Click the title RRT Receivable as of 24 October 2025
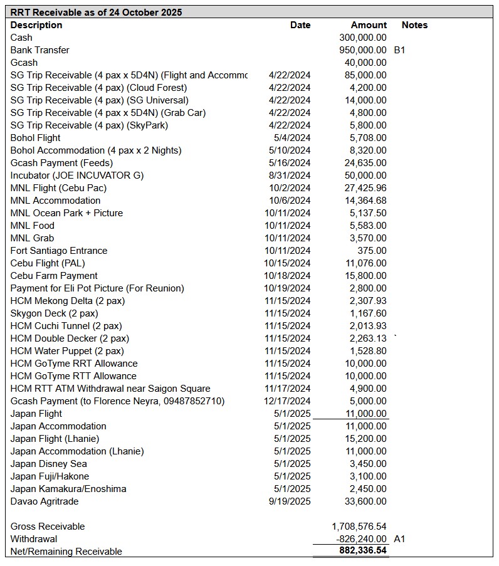tap(96, 12)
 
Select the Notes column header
tap(414, 25)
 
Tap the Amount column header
tap(369, 25)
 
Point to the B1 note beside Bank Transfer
tap(399, 50)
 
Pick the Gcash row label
tap(24, 63)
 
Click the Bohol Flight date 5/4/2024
tap(292, 138)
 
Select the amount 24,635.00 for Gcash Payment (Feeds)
tap(368, 163)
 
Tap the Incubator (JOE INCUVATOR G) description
tap(77, 176)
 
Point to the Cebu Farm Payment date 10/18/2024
tap(287, 276)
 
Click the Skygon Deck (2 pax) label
tap(55, 313)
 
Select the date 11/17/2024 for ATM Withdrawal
tap(287, 389)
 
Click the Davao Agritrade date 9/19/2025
tap(290, 501)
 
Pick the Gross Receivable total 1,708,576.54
tap(359, 527)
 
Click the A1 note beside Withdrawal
tap(399, 539)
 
